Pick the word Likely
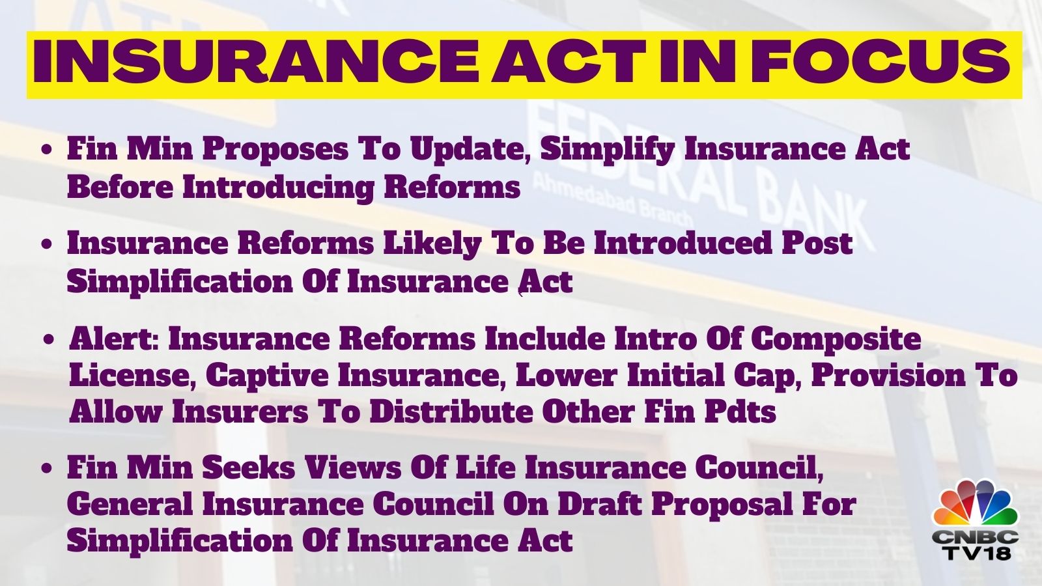[x=430, y=245]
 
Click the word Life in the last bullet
[x=486, y=468]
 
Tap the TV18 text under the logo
[x=976, y=553]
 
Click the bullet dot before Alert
[x=48, y=340]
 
